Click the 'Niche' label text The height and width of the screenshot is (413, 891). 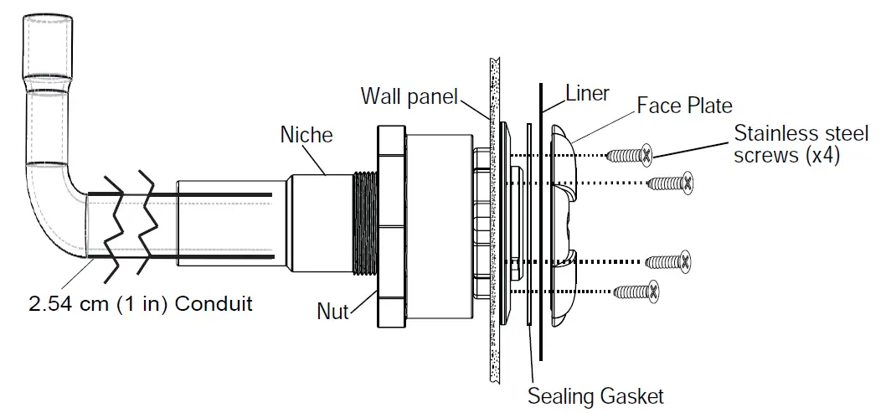[x=306, y=134]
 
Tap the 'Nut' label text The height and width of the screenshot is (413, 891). [x=332, y=312]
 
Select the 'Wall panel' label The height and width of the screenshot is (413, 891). [x=409, y=96]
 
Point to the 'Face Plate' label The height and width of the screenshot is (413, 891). [x=684, y=106]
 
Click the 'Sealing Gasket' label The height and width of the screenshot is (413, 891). [x=595, y=395]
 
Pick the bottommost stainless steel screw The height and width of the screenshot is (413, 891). [x=637, y=292]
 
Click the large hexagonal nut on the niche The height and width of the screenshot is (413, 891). [x=391, y=226]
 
